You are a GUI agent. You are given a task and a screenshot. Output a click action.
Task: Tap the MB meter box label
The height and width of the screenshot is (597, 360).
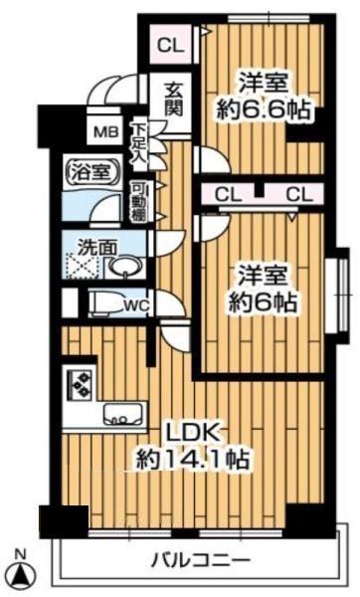[x=103, y=131]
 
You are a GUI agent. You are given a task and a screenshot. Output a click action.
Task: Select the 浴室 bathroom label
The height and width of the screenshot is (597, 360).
[x=86, y=170]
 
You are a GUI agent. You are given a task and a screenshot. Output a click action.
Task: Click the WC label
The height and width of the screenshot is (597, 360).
[x=136, y=305]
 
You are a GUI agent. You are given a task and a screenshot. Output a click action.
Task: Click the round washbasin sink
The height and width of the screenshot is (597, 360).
[x=123, y=266]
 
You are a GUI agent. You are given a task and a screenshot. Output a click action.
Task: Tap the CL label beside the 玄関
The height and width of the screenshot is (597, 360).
[x=169, y=44]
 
